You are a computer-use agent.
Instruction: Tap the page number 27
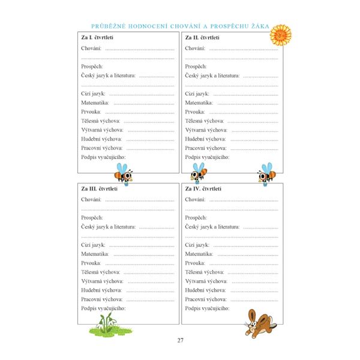pos(180,341)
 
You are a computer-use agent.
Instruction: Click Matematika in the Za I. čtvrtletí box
pos(95,103)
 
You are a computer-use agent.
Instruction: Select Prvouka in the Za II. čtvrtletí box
pos(196,112)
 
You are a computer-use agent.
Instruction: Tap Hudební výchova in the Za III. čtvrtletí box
pos(102,289)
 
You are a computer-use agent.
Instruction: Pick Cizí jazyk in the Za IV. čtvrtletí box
pos(199,245)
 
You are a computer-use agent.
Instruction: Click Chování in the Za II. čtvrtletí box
pos(197,48)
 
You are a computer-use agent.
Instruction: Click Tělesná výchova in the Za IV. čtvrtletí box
pos(206,272)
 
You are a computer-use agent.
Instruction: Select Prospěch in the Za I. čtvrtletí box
pos(93,66)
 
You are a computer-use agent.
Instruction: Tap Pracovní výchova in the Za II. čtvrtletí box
pos(206,148)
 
